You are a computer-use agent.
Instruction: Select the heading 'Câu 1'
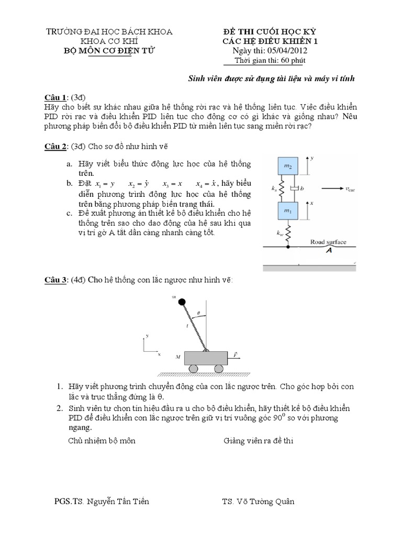click(x=54, y=98)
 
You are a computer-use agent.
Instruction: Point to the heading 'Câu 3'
click(x=54, y=281)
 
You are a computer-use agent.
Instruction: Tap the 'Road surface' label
click(x=328, y=242)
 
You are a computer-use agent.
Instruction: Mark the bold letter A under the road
click(x=329, y=251)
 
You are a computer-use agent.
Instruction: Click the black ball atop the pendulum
click(x=182, y=301)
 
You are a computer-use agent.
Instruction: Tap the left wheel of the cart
click(x=193, y=369)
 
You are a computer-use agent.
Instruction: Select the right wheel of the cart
click(x=220, y=369)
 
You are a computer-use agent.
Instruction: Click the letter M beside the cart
click(x=177, y=358)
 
